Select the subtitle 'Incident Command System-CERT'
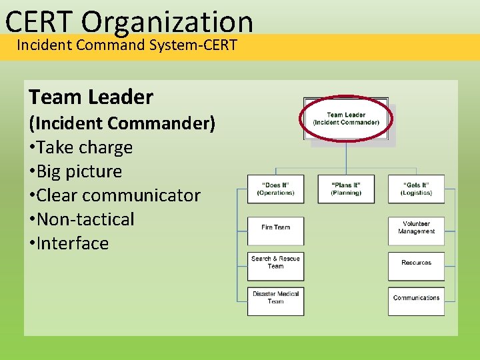[127, 46]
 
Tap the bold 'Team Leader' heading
[91, 97]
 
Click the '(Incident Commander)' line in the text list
[121, 123]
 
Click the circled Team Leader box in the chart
[346, 119]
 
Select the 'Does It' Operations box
[275, 189]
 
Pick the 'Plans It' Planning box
[346, 189]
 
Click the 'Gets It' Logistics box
[416, 189]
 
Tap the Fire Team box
[275, 227]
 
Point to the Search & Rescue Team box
[275, 263]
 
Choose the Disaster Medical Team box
[275, 298]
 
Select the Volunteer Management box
[416, 228]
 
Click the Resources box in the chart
[416, 263]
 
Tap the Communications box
[416, 298]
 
